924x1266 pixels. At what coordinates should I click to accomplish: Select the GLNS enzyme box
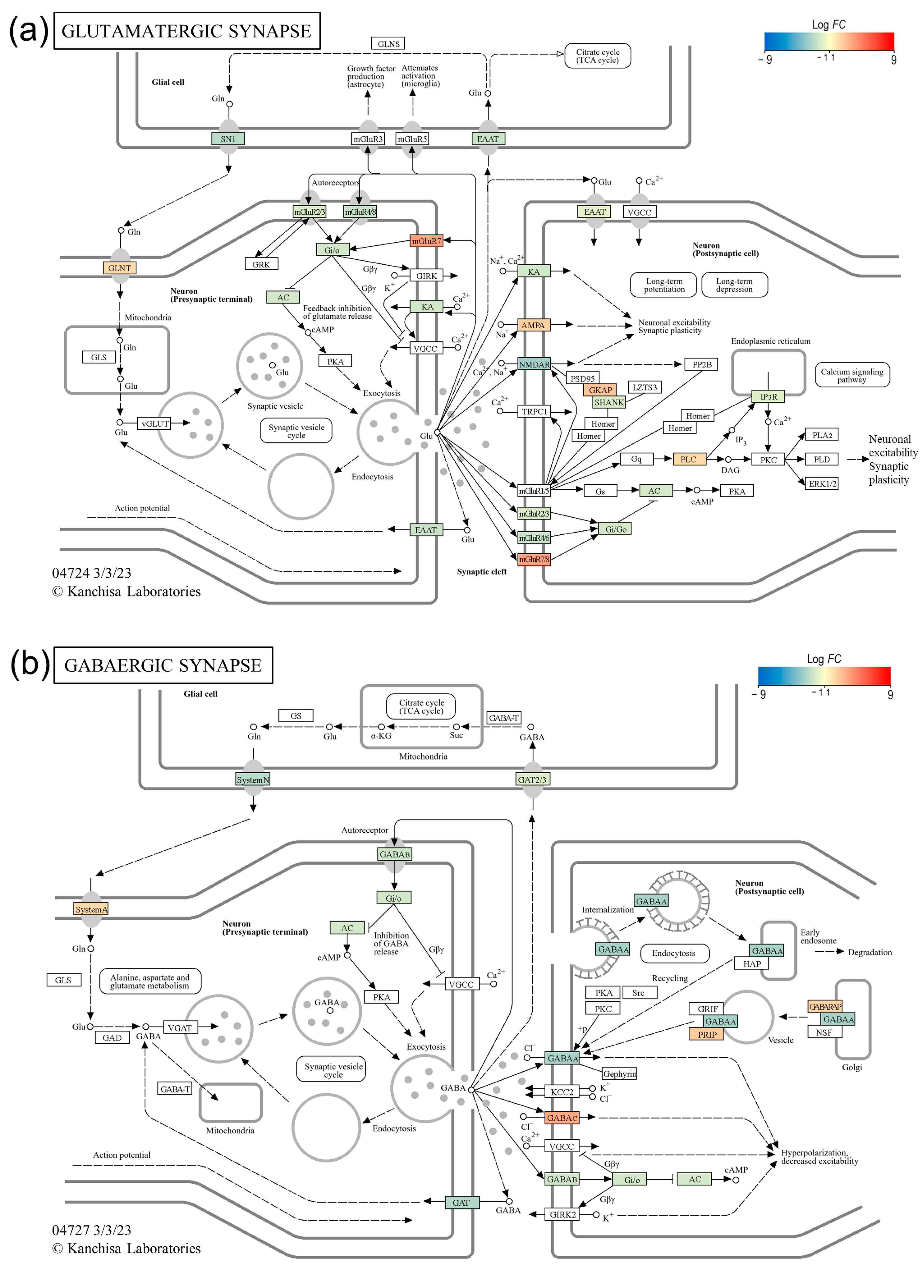click(388, 44)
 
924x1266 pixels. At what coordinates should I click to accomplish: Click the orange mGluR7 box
click(426, 241)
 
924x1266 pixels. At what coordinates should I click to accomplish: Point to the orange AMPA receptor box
click(533, 325)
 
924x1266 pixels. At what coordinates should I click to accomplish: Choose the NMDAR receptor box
click(534, 364)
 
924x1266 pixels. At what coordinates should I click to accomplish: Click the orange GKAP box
click(600, 390)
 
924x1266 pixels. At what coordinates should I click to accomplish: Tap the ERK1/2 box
click(822, 483)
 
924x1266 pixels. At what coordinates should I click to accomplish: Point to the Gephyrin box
click(619, 1074)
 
